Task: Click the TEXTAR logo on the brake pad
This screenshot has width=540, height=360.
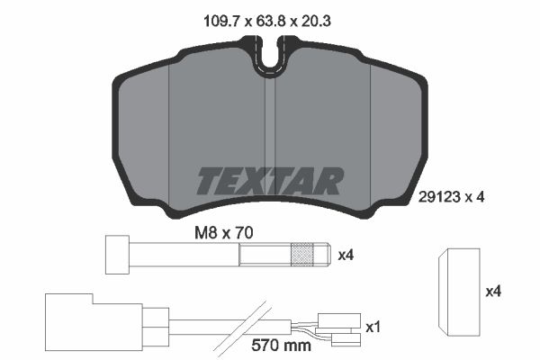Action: pos(270,181)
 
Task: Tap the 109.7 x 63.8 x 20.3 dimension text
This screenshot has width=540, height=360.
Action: pos(267,22)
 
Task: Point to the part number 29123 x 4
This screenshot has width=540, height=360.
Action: pos(451,197)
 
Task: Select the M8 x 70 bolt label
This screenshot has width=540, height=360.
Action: pos(224,233)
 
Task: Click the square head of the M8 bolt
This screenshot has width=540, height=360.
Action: pos(117,255)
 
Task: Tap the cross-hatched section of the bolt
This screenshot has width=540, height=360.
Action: pos(302,255)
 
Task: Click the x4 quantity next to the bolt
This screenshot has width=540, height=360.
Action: pos(346,256)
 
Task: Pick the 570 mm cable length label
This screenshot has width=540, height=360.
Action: pos(281,345)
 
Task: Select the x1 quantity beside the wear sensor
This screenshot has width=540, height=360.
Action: pos(373,328)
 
